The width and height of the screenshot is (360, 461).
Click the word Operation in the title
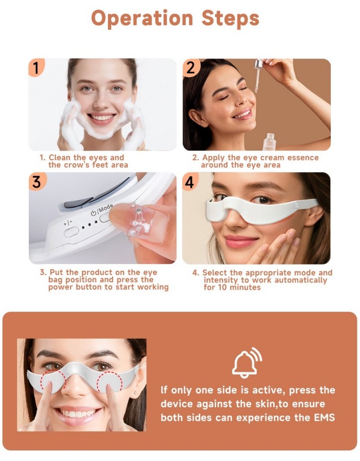142,18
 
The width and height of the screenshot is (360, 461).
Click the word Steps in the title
230,18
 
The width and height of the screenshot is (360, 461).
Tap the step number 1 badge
36,67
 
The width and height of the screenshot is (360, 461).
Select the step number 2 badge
191,67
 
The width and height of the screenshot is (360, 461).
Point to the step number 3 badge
36,181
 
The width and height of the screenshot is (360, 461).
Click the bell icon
247,363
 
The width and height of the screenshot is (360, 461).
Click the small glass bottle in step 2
270,142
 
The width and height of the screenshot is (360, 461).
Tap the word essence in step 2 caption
303,158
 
